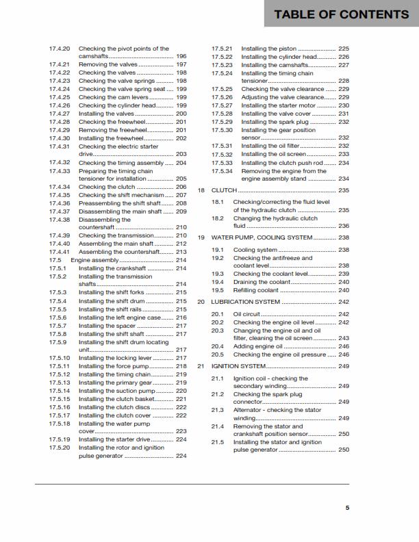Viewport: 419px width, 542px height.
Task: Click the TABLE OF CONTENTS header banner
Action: tap(341, 14)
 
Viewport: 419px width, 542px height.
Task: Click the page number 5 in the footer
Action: tap(347, 507)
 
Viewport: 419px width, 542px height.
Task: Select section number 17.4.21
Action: tap(60, 64)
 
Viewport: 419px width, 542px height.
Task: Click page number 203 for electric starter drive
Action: tap(181, 155)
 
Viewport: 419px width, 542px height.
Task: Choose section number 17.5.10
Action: tap(60, 358)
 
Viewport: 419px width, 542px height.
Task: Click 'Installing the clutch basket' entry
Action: tap(116, 398)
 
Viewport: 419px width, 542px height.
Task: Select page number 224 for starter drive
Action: tap(181, 439)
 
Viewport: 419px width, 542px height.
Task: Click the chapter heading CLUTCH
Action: tap(225, 190)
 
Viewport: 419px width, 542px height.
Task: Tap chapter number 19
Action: tap(201, 237)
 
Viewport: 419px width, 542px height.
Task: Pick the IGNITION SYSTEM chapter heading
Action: tap(239, 366)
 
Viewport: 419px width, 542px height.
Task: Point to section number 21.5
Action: tap(218, 442)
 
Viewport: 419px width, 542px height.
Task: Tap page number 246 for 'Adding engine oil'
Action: tap(344, 346)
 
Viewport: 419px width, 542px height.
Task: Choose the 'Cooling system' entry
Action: tap(255, 250)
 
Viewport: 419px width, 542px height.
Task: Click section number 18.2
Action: tap(218, 218)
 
